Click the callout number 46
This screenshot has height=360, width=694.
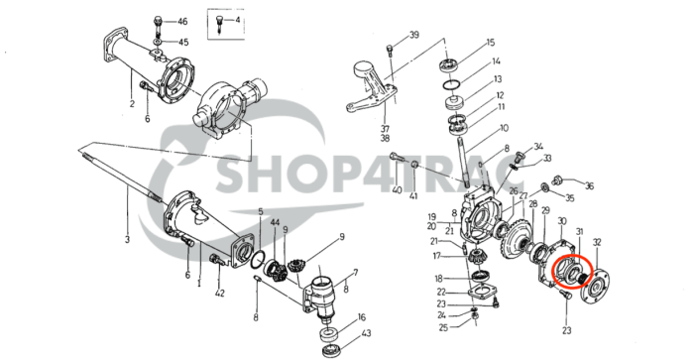click(181, 21)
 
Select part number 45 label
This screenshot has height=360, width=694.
click(181, 42)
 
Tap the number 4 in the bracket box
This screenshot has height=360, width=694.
click(235, 20)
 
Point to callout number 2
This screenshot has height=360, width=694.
click(131, 103)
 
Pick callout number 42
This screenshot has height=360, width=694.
click(219, 294)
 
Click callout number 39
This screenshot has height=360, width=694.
click(414, 36)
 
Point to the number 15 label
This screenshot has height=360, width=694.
click(489, 43)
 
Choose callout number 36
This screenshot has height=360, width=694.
click(588, 185)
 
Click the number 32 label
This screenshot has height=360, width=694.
click(596, 242)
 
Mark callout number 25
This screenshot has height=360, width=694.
click(444, 326)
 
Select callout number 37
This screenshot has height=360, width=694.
click(385, 128)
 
